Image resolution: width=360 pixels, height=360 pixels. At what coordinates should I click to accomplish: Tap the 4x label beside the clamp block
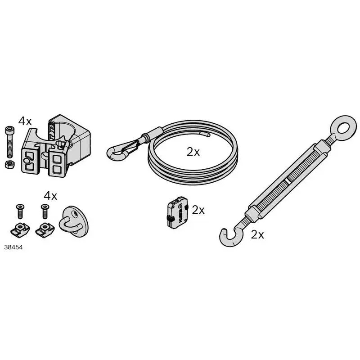(25, 121)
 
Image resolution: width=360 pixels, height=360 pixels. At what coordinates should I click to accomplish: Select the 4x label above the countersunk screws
(50, 196)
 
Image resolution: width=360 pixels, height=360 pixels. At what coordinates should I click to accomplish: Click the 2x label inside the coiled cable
(193, 152)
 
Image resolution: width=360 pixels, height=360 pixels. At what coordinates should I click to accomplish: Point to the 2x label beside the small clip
(198, 210)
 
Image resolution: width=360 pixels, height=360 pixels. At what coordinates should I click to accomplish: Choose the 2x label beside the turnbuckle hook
(257, 234)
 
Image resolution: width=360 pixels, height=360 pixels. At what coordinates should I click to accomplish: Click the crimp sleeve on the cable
(150, 134)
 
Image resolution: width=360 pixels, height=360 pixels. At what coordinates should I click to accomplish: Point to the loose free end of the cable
(205, 134)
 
